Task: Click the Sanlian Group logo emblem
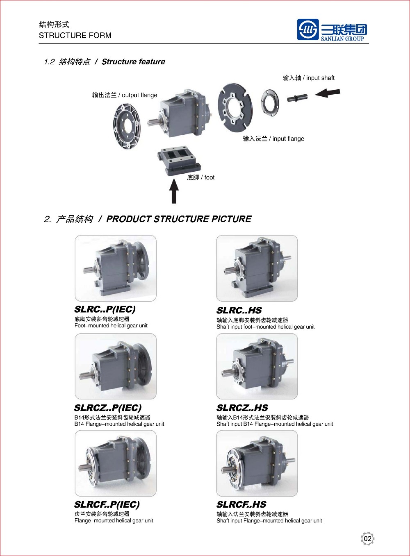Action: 308,30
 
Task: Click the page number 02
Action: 367,539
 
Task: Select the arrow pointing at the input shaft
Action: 327,93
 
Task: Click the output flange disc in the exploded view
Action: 126,125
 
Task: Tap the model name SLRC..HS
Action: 239,311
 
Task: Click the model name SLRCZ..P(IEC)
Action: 108,408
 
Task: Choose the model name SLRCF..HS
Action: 241,505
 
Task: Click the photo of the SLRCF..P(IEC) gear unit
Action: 116,463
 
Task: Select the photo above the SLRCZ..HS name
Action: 257,366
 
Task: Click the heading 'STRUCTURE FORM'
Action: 75,36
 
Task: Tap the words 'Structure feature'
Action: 133,62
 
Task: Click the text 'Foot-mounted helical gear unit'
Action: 111,326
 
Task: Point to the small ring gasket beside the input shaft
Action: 270,102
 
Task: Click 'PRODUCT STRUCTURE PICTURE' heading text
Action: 179,219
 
